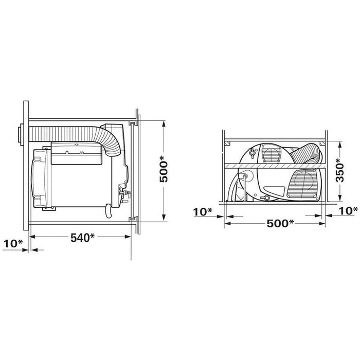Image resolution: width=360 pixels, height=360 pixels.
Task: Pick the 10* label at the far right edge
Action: (348, 210)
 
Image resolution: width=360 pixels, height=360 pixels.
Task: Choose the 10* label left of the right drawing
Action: (203, 211)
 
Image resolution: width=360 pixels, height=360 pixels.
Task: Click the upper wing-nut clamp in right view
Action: (252, 153)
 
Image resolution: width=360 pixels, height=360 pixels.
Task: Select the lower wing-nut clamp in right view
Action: (266, 197)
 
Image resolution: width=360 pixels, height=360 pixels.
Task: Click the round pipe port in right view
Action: (246, 176)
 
